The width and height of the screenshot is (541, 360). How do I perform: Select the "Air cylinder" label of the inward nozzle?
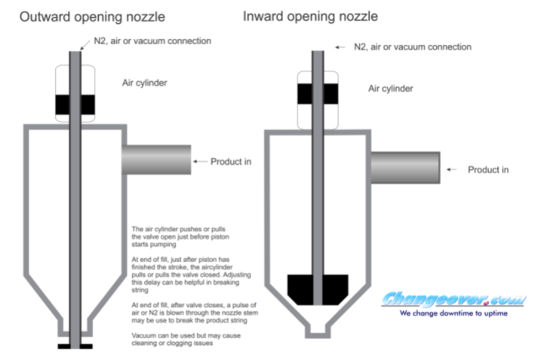(x=391, y=88)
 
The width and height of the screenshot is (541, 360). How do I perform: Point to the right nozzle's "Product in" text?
(x=488, y=169)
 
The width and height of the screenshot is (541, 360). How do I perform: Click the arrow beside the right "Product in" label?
(x=454, y=169)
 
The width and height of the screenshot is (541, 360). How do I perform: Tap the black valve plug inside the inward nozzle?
(x=317, y=287)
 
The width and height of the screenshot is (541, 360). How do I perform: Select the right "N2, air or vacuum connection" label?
(x=412, y=47)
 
